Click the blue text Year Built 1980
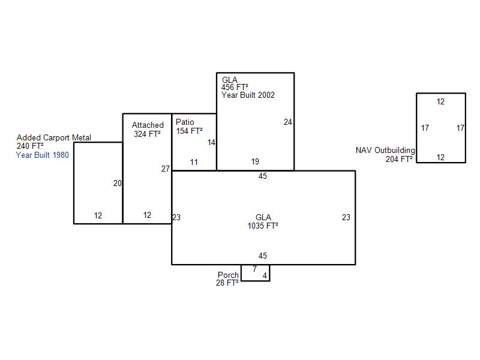pyautogui.click(x=42, y=155)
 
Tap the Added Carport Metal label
pyautogui.click(x=54, y=138)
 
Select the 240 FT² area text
pyautogui.click(x=30, y=146)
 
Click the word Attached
pyautogui.click(x=148, y=125)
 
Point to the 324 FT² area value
pyautogui.click(x=147, y=134)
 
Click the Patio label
pyautogui.click(x=185, y=122)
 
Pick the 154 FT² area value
pyautogui.click(x=189, y=131)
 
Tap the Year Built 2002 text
pyautogui.click(x=248, y=95)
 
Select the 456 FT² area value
pyautogui.click(x=235, y=87)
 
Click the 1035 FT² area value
pyautogui.click(x=263, y=226)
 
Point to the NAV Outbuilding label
pyautogui.click(x=385, y=151)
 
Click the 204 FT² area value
pyautogui.click(x=399, y=159)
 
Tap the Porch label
pyautogui.click(x=228, y=275)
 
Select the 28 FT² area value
pyautogui.click(x=227, y=283)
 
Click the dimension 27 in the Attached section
pyautogui.click(x=166, y=169)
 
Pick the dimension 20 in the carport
pyautogui.click(x=118, y=184)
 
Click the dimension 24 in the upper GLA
pyautogui.click(x=288, y=122)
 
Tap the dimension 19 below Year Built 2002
pyautogui.click(x=256, y=161)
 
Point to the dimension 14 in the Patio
pyautogui.click(x=211, y=143)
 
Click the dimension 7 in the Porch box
pyautogui.click(x=254, y=269)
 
